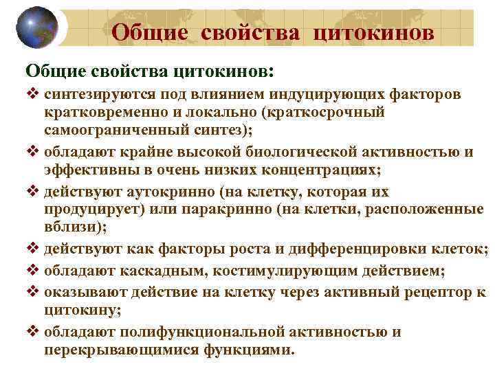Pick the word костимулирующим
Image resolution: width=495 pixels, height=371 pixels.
point(269,271)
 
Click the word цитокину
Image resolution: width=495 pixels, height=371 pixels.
point(80,311)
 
